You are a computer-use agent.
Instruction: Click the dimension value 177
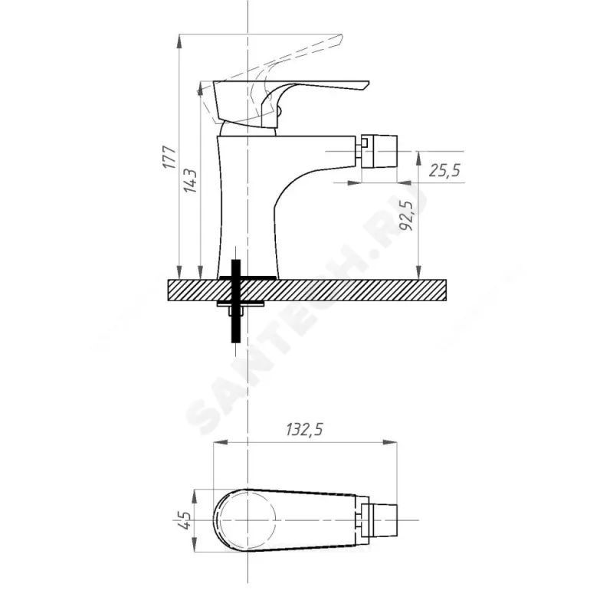coord(169,157)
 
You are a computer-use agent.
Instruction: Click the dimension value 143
coord(190,181)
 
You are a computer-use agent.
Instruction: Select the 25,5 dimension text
coord(444,170)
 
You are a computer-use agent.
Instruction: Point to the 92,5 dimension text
coord(407,215)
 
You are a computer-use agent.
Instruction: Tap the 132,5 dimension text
coord(304,430)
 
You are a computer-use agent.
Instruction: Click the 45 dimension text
coord(185,520)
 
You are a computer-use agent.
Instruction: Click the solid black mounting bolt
coord(236,300)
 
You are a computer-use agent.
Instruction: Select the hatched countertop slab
coord(307,290)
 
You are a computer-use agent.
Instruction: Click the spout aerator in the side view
coord(379,151)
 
